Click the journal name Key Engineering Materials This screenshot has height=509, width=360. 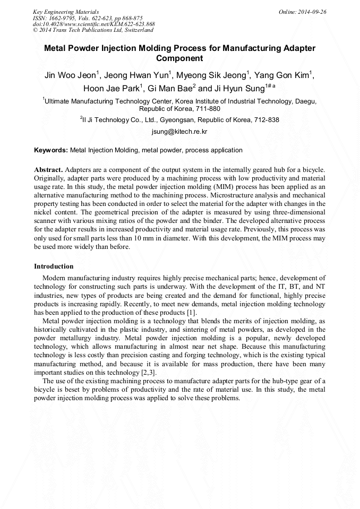(65, 11)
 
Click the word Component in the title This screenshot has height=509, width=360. (179, 58)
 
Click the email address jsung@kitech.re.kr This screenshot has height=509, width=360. (179, 131)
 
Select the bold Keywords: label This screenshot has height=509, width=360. (50, 150)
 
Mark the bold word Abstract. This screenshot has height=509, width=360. (48, 169)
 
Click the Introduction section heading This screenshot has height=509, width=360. (54, 266)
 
